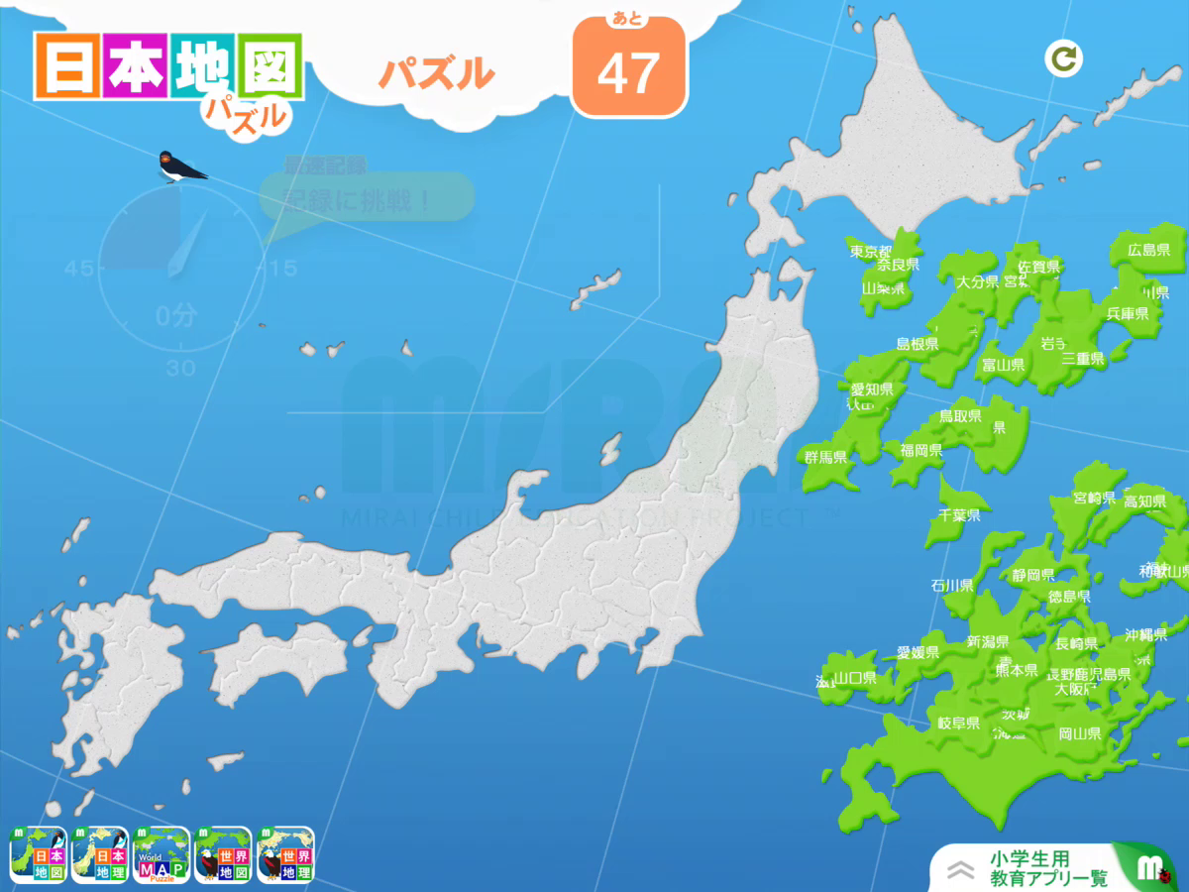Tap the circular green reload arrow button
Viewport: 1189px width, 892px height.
(x=1064, y=59)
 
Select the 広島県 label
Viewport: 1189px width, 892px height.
(x=1148, y=250)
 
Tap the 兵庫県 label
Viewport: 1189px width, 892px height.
(x=1127, y=313)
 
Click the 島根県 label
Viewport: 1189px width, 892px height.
(x=917, y=344)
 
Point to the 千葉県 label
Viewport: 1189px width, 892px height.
(x=959, y=515)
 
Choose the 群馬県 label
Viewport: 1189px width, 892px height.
(x=825, y=457)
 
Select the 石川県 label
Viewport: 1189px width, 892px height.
(x=951, y=585)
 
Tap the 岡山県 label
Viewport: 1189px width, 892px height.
(x=1079, y=734)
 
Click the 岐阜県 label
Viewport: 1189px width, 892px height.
(x=958, y=724)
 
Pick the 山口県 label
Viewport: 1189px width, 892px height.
(x=854, y=678)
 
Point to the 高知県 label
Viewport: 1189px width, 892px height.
(x=1143, y=502)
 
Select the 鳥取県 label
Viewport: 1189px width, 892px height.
(x=959, y=416)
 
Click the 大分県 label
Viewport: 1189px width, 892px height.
(x=977, y=282)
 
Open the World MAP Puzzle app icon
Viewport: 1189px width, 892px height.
(x=162, y=854)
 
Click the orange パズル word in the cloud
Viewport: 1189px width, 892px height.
(x=436, y=73)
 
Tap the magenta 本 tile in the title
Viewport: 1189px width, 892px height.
(x=133, y=66)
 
